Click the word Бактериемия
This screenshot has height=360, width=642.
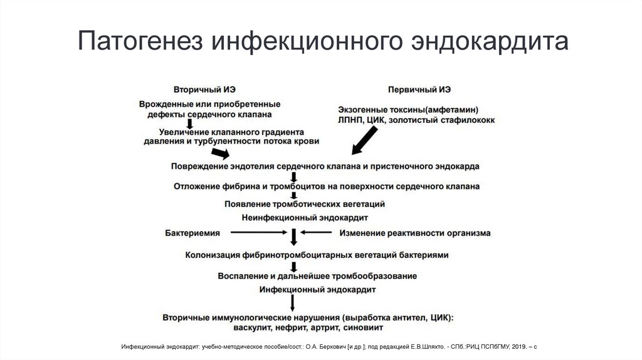(192, 233)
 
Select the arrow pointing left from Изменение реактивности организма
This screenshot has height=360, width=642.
(317, 233)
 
